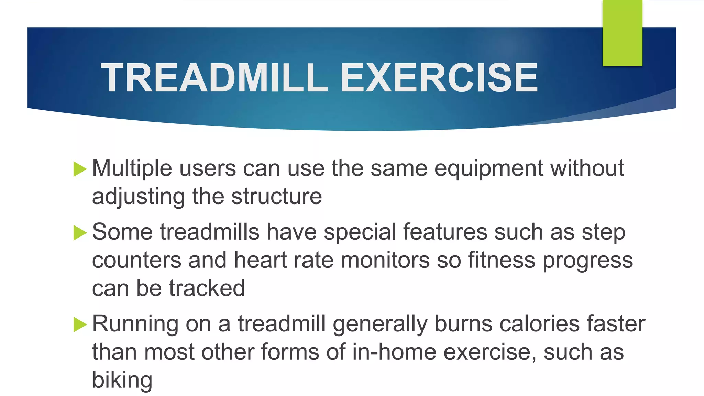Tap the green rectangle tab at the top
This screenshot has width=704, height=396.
[x=622, y=33]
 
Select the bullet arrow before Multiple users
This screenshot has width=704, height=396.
[x=80, y=169]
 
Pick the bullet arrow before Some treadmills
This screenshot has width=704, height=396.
[x=80, y=233]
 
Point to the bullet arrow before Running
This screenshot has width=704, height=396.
[x=80, y=325]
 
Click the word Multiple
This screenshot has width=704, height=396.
[x=132, y=168]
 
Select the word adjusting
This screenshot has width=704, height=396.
[x=139, y=197]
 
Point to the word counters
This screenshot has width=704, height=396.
[x=136, y=260]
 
